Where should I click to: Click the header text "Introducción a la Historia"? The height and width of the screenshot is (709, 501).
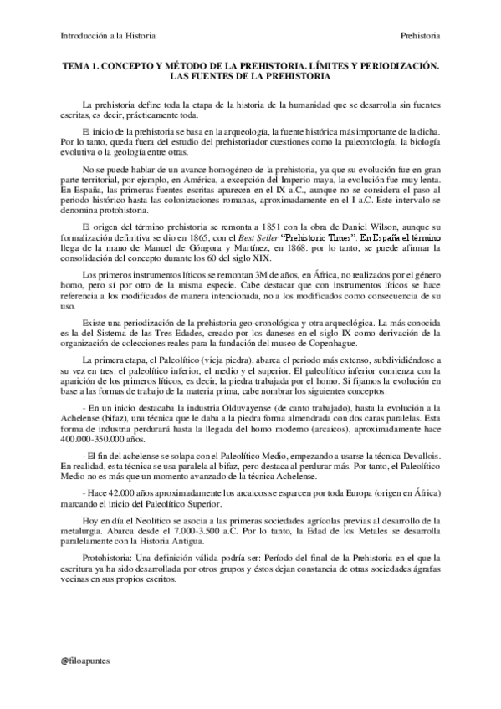(x=109, y=36)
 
